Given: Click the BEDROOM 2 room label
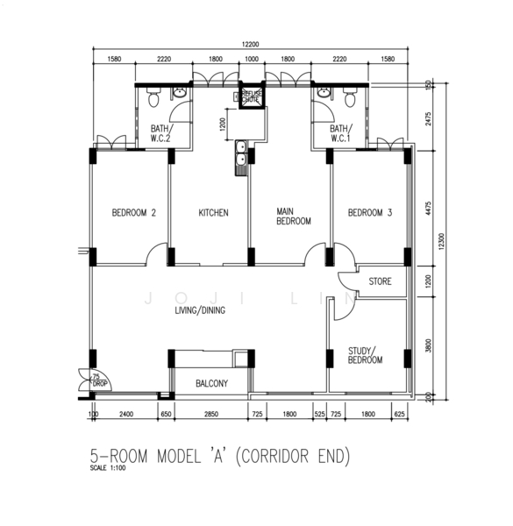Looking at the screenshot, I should click(133, 213).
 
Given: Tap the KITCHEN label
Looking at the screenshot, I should click(213, 213).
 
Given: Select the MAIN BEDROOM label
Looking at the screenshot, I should click(293, 217).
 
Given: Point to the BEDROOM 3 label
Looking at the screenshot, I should click(369, 213).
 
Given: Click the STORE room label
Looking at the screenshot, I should click(380, 281).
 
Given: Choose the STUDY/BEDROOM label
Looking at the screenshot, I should click(365, 355).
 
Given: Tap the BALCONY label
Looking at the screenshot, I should click(210, 383).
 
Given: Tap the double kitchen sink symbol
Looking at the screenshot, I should click(239, 160).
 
